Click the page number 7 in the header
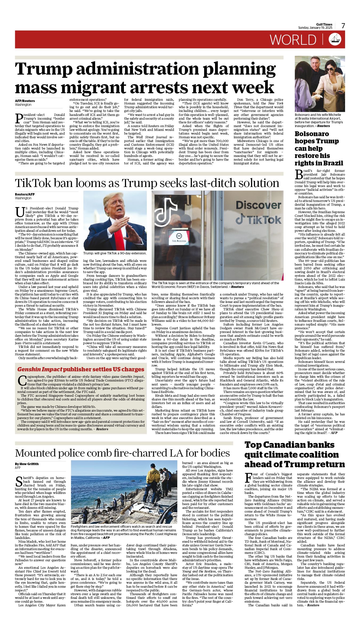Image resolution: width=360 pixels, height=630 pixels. [x=343, y=26]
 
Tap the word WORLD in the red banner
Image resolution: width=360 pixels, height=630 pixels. [x=293, y=40]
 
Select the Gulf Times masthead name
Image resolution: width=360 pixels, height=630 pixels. [x=324, y=25]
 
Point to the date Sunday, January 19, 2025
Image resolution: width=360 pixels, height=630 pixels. [x=315, y=28]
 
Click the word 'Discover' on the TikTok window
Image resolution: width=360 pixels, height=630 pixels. [x=258, y=205]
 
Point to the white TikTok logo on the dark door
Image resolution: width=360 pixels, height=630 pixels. [x=166, y=212]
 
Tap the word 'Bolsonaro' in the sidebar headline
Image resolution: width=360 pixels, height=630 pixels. [x=312, y=134]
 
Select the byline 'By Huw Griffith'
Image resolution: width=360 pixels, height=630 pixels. [x=27, y=464]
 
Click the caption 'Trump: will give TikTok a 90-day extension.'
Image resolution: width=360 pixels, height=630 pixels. [x=115, y=253]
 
